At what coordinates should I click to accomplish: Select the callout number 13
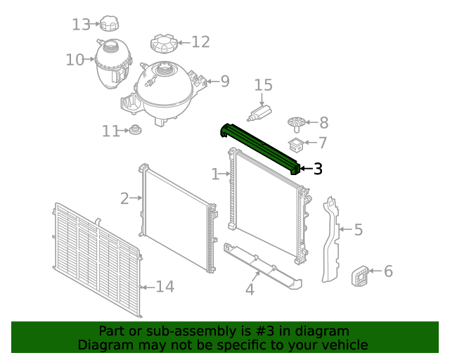[82, 25]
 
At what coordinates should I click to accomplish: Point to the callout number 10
[75, 60]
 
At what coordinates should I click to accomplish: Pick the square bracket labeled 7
[297, 146]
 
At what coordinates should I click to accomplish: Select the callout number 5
[358, 230]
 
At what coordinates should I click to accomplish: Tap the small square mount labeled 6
[360, 276]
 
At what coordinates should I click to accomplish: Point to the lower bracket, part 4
[264, 265]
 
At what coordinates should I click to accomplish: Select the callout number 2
[124, 199]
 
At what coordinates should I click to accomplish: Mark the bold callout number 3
[318, 169]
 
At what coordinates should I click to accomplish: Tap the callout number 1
[215, 174]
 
